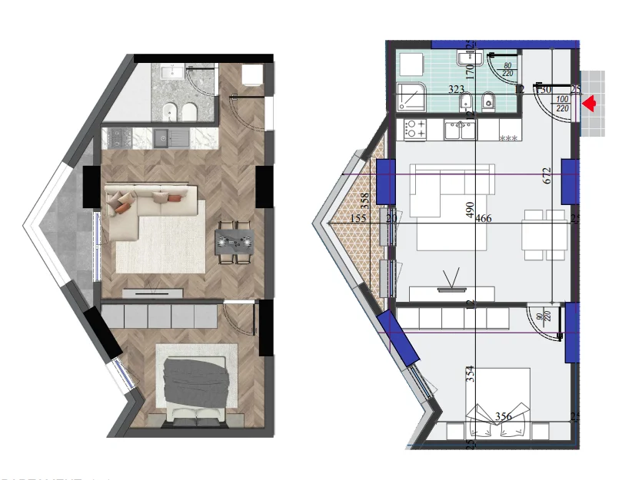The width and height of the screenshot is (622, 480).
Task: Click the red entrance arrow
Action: pyautogui.click(x=590, y=104)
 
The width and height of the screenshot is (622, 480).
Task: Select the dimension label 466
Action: pyautogui.click(x=483, y=219)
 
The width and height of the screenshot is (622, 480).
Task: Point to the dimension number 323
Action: pyautogui.click(x=456, y=90)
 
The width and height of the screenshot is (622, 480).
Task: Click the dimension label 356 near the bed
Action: pyautogui.click(x=504, y=417)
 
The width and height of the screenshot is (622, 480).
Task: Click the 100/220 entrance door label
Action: pyautogui.click(x=562, y=104)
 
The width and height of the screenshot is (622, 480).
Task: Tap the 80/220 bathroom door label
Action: pyautogui.click(x=507, y=69)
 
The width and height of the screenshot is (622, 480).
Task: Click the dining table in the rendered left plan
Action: pyautogui.click(x=234, y=243)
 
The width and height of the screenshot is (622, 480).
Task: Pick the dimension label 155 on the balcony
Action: pyautogui.click(x=358, y=219)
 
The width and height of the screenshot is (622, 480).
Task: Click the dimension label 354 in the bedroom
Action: pyautogui.click(x=471, y=374)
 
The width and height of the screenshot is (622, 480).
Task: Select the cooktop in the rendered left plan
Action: pyautogui.click(x=119, y=138)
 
